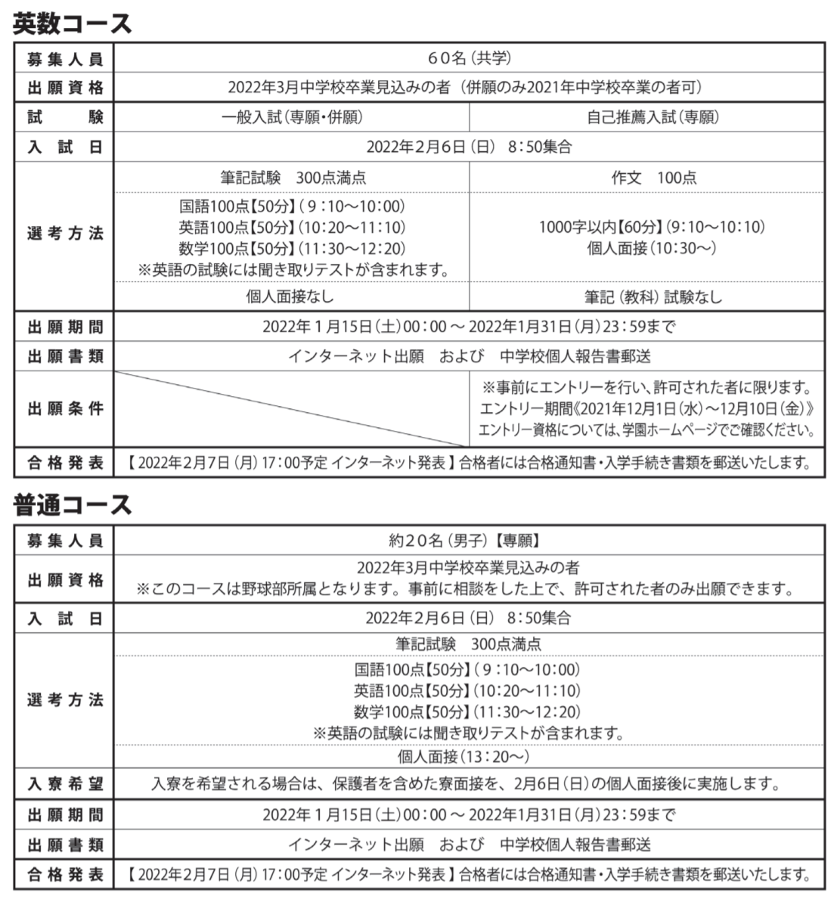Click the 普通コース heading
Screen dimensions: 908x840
(73, 504)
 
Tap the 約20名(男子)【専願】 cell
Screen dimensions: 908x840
(469, 541)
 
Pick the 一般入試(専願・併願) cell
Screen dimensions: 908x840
(291, 117)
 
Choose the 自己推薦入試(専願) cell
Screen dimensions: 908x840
(646, 117)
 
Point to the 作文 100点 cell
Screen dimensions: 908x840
(646, 178)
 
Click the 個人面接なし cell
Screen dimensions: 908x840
(291, 296)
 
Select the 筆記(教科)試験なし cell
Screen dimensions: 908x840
(646, 296)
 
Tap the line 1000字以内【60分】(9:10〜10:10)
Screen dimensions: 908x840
(646, 227)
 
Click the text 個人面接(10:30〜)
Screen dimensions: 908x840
(646, 247)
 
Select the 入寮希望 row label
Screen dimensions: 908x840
(65, 784)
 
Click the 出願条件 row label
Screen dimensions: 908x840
(65, 409)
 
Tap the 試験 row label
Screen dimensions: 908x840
(65, 117)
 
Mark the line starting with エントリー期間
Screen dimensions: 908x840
(646, 409)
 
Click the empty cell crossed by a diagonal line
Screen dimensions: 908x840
(291, 409)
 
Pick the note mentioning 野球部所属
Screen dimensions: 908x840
(469, 588)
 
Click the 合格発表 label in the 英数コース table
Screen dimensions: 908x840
(65, 462)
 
